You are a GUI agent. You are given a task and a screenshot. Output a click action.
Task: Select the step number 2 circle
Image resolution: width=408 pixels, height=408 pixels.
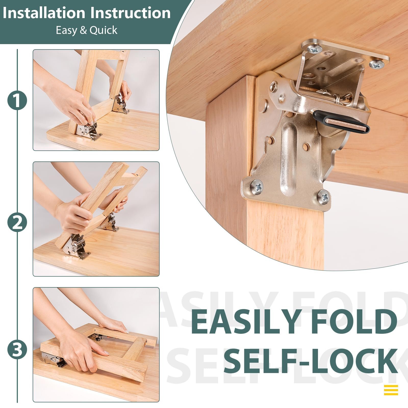[x=17, y=223]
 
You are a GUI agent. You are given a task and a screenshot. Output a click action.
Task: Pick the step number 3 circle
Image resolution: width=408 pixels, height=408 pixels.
[x=17, y=350]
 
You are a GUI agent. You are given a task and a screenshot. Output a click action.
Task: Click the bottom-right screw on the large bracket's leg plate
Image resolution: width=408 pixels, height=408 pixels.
[x=324, y=197]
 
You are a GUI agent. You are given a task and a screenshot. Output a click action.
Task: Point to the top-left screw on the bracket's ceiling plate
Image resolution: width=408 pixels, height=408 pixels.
[x=314, y=49]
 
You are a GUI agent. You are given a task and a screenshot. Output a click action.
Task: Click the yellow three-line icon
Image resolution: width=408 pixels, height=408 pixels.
[x=391, y=390]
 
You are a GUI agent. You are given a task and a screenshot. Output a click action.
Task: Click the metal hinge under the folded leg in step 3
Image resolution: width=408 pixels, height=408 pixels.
[x=54, y=360]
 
